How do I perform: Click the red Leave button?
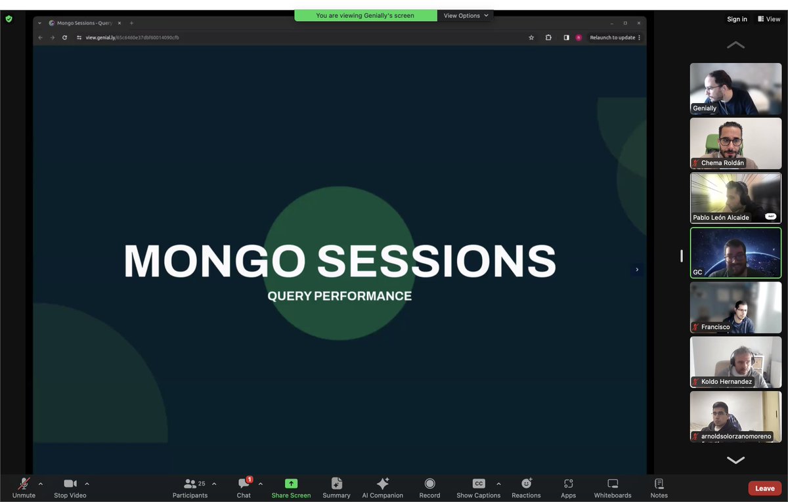[764, 488]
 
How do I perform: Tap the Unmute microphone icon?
[24, 484]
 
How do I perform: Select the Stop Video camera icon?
[70, 484]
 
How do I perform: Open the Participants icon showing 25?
[190, 484]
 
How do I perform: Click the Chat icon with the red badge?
[244, 484]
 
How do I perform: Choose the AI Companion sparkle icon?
[382, 484]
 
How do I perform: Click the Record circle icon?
[429, 484]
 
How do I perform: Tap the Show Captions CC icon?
[479, 484]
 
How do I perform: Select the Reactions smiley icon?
[526, 484]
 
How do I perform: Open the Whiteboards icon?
[612, 484]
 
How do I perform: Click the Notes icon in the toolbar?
[659, 484]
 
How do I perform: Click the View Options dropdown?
[466, 16]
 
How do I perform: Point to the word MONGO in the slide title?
[215, 261]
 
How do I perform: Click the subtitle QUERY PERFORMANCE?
[339, 296]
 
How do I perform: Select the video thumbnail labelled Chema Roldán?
[735, 143]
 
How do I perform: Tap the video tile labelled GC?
[735, 253]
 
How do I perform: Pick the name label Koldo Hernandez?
[726, 381]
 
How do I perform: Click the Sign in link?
[737, 19]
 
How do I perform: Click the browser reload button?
[64, 37]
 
